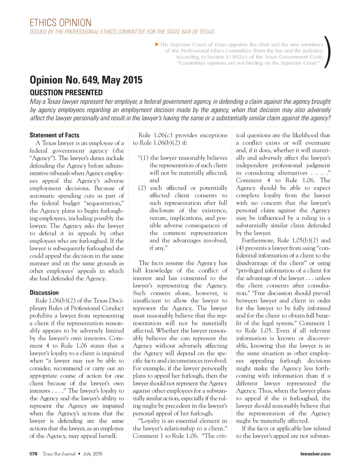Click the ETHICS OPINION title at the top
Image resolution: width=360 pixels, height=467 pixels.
pos(60,23)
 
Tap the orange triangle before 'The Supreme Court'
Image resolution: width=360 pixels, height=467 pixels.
pos(157,45)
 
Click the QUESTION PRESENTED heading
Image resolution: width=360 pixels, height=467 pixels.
pos(66,93)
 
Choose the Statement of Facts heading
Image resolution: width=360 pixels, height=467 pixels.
pos(54,135)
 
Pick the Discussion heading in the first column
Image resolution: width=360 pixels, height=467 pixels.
pos(44,293)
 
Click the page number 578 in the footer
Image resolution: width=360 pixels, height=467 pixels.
pos(33,454)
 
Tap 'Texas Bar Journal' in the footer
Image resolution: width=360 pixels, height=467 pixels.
pos(59,454)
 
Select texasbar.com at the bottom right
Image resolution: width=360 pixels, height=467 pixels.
pos(315,454)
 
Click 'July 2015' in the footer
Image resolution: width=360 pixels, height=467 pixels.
pos(93,454)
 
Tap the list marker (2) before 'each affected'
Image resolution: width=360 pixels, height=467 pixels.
pos(142,188)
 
